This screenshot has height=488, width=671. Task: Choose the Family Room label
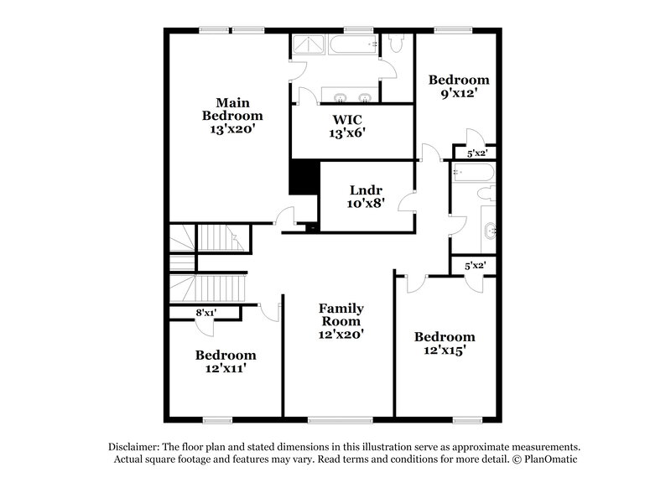tap(340, 314)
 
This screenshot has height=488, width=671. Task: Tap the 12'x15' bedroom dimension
tap(445, 351)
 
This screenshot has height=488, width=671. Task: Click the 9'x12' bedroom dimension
tap(458, 94)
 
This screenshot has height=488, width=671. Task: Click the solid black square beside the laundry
tap(301, 178)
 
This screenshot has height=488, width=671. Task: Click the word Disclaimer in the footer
tap(137, 447)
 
